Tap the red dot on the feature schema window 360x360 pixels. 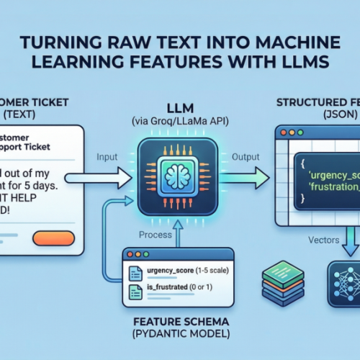[x=130, y=253]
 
